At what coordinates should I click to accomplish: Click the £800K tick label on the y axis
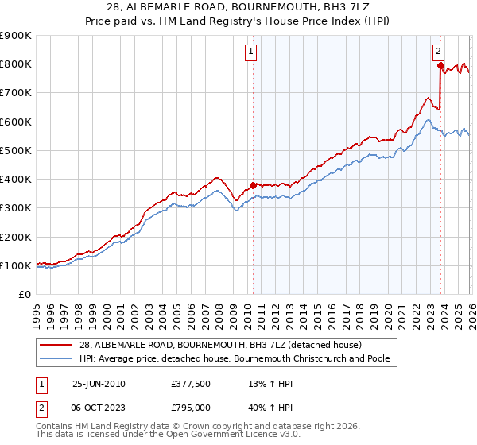(x=16, y=64)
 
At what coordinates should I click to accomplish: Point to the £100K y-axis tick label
(x=16, y=266)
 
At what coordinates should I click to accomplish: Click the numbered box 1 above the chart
(x=251, y=52)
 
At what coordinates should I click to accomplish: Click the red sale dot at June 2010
(x=254, y=185)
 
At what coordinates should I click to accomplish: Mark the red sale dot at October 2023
(x=440, y=65)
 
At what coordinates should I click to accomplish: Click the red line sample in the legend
(x=56, y=345)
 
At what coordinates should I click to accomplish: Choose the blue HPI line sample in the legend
(x=56, y=359)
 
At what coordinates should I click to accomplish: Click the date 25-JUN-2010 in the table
(x=99, y=384)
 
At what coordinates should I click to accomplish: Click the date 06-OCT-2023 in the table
(x=99, y=408)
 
